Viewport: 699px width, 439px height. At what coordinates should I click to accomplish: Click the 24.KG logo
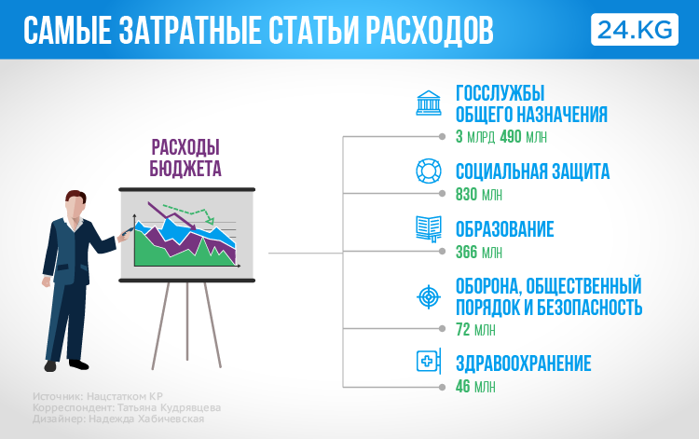(x=635, y=30)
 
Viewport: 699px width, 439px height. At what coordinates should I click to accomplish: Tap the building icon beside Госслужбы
(x=429, y=103)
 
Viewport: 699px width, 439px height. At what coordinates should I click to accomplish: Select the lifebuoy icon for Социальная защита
(x=429, y=171)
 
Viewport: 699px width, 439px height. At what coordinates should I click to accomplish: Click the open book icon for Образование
(x=429, y=229)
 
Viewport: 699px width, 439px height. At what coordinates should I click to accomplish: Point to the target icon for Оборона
(x=429, y=296)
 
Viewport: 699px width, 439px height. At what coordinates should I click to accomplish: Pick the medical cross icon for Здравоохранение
(x=429, y=361)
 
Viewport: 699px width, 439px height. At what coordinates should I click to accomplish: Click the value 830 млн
(x=479, y=195)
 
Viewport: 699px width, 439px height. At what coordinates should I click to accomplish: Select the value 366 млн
(x=479, y=253)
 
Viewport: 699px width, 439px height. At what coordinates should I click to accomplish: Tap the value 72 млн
(x=475, y=330)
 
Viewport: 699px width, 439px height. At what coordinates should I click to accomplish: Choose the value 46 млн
(x=475, y=386)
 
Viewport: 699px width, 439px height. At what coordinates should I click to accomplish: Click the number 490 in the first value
(x=511, y=136)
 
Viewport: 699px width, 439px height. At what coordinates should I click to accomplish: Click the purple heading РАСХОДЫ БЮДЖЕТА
(x=185, y=158)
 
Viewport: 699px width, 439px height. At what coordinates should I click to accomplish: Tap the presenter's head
(x=75, y=204)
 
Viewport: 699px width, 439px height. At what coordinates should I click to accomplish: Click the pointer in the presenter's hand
(x=128, y=230)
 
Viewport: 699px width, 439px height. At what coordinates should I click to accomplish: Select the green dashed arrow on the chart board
(x=189, y=213)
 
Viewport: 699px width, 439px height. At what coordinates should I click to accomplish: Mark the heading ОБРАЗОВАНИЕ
(x=504, y=229)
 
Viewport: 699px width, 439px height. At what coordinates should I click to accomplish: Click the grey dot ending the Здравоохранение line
(x=442, y=388)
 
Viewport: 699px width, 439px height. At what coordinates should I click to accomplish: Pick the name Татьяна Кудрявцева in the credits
(x=170, y=408)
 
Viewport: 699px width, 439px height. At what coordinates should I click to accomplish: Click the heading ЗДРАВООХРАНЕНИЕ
(x=524, y=364)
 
